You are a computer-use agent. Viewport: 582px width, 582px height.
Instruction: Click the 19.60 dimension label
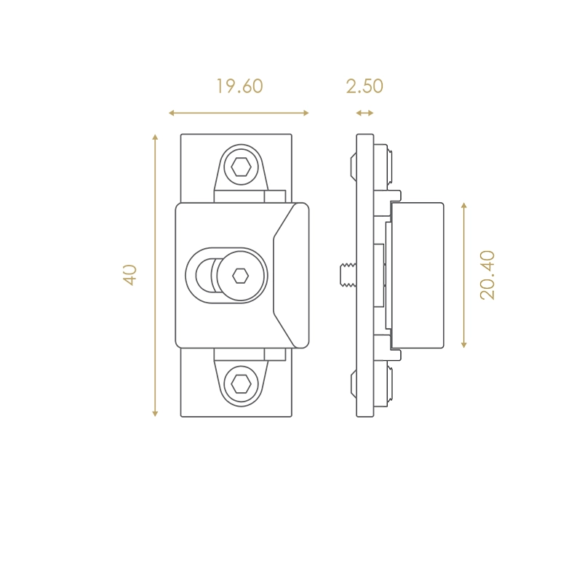click(x=239, y=86)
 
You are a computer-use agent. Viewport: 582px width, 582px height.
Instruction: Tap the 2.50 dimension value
click(x=364, y=86)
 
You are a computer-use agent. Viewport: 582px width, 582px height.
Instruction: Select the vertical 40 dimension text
click(x=130, y=275)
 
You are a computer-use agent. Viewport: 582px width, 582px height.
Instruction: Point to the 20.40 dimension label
click(x=487, y=275)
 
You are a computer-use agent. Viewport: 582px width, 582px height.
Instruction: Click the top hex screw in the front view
click(x=241, y=167)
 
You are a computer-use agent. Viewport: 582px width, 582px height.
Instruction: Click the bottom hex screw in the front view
click(x=241, y=384)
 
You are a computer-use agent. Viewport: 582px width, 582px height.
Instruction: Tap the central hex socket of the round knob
click(x=240, y=276)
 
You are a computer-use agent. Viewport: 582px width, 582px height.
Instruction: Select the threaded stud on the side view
click(x=348, y=275)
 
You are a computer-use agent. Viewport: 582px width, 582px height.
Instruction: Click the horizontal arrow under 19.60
click(x=239, y=113)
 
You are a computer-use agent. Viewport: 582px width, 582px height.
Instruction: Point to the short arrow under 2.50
click(x=365, y=113)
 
